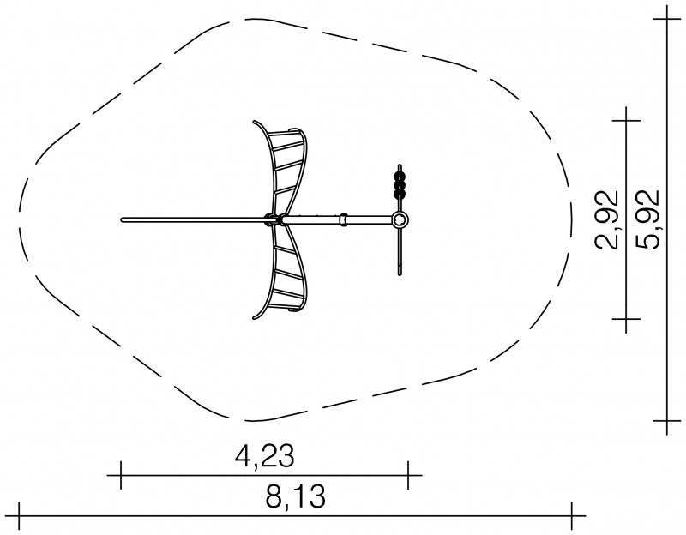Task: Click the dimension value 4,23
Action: (x=265, y=456)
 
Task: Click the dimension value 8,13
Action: (x=296, y=497)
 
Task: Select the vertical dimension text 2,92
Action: (x=606, y=220)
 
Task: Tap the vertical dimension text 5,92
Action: (x=647, y=220)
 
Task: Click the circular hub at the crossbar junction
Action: (x=400, y=219)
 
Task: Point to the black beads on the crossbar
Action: (x=400, y=185)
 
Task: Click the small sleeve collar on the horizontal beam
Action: (x=344, y=219)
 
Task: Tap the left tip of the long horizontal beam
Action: (x=122, y=220)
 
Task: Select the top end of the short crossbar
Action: (x=400, y=165)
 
